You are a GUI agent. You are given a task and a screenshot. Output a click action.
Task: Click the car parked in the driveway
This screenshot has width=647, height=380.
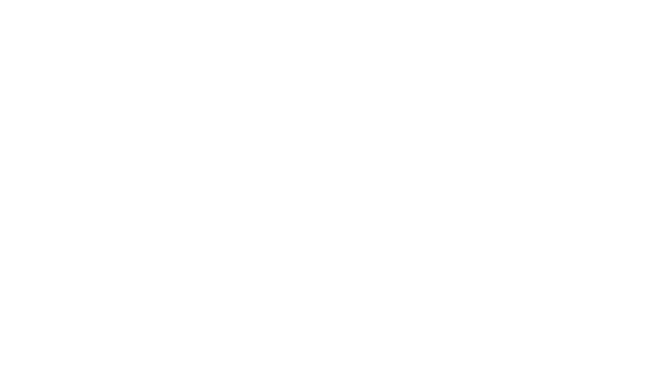click(77, 40)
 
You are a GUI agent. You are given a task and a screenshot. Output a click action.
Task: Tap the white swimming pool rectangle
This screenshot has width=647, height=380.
click(535, 245)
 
